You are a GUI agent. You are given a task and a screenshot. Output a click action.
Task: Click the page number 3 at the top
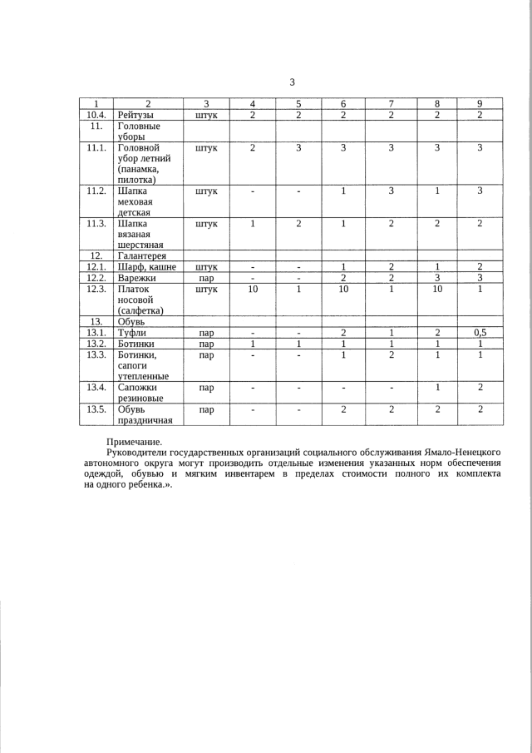[x=292, y=82]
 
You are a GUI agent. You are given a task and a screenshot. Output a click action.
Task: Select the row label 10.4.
[x=96, y=115]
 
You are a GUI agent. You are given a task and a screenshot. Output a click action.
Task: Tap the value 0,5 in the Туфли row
[x=480, y=330]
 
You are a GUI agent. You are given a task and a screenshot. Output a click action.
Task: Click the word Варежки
[x=138, y=278]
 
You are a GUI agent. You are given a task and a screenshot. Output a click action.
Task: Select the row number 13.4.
[x=96, y=387]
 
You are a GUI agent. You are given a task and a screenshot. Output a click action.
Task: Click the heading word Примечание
[x=135, y=441]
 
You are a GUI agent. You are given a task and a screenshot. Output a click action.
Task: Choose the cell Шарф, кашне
[x=146, y=267]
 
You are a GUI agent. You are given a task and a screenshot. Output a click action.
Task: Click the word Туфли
[x=132, y=331]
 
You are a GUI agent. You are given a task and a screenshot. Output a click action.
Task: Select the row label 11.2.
[x=96, y=191]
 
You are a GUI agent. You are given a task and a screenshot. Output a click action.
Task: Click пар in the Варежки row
[x=206, y=279]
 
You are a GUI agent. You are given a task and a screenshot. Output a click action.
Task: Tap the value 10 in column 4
[x=253, y=289]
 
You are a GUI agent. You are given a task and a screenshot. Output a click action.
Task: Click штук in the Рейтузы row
[x=206, y=116]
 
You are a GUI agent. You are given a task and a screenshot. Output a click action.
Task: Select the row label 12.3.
[x=96, y=289]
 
